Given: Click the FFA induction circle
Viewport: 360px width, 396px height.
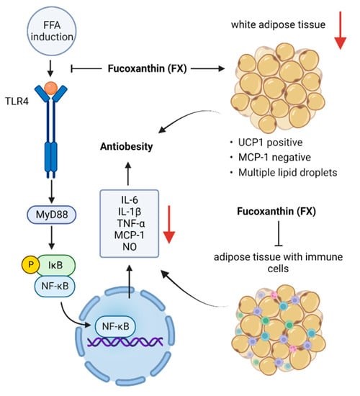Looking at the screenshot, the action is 52,31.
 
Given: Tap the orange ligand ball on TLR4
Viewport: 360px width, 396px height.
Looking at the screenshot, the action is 51,88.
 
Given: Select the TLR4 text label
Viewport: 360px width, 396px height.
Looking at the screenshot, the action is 17,102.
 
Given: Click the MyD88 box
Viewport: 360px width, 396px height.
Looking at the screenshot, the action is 52,215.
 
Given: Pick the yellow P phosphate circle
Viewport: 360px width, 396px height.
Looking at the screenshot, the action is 31,265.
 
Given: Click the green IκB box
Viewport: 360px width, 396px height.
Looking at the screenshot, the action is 57,266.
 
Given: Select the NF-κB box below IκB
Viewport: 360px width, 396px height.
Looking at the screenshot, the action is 55,287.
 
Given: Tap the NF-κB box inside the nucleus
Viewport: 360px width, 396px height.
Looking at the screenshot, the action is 115,327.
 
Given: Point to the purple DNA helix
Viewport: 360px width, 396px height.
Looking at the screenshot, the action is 125,342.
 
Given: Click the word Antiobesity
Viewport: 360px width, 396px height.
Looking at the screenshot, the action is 126,146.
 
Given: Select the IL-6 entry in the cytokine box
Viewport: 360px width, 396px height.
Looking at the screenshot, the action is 130,200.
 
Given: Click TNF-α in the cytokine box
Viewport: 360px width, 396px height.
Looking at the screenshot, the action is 130,223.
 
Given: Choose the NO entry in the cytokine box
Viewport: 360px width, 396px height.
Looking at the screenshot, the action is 130,246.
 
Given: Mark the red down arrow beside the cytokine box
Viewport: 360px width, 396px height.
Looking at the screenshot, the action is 169,225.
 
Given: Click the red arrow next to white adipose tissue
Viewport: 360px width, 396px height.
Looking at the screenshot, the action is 341,30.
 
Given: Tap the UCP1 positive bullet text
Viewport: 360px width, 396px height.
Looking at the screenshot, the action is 270,143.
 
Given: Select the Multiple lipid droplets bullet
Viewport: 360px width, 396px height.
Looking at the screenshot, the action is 287,173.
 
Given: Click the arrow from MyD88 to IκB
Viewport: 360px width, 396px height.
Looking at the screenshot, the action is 52,238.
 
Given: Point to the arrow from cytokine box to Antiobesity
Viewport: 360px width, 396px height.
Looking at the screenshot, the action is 128,174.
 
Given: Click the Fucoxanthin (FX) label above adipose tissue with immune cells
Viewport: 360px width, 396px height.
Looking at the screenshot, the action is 276,211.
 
